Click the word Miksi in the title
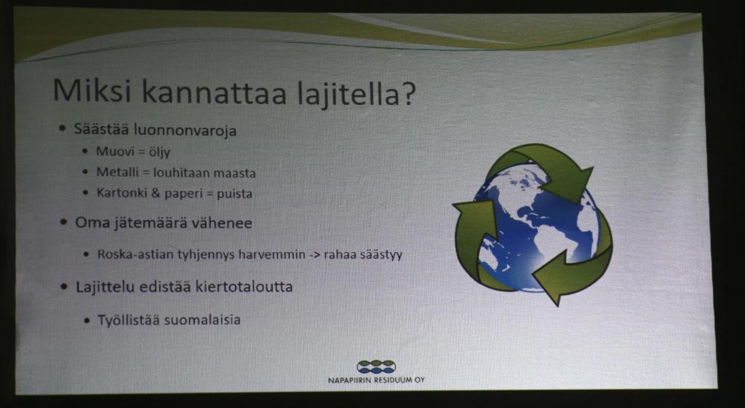(x=91, y=90)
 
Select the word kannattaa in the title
(x=215, y=92)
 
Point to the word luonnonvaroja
(x=186, y=130)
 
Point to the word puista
(x=235, y=195)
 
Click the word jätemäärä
(x=144, y=223)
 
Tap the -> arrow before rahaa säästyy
(x=314, y=255)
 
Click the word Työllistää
(x=128, y=320)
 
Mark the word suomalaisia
(x=202, y=320)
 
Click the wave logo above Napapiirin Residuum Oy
(x=376, y=366)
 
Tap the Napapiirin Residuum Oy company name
(x=376, y=380)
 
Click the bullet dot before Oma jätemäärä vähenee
(x=64, y=222)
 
